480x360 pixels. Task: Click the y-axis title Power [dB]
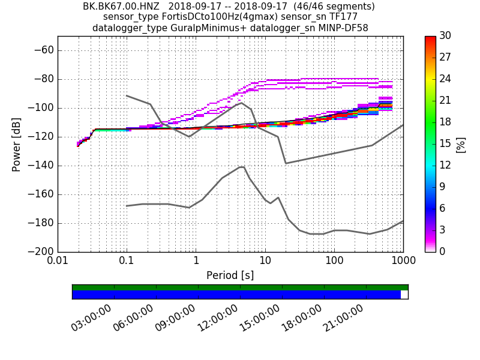click(16, 144)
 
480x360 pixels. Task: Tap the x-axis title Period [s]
click(230, 276)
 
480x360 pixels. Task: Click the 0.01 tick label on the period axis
click(58, 262)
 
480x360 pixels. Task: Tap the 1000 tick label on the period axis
click(403, 262)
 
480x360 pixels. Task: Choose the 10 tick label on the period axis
click(265, 262)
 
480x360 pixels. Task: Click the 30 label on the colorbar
click(445, 36)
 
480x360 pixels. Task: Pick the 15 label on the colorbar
click(445, 144)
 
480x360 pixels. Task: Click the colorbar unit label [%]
click(460, 144)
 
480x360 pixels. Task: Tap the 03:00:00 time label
click(92, 318)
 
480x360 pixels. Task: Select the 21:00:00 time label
click(344, 318)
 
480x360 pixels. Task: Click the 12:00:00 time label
click(218, 318)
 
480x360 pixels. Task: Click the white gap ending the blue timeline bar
click(404, 295)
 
